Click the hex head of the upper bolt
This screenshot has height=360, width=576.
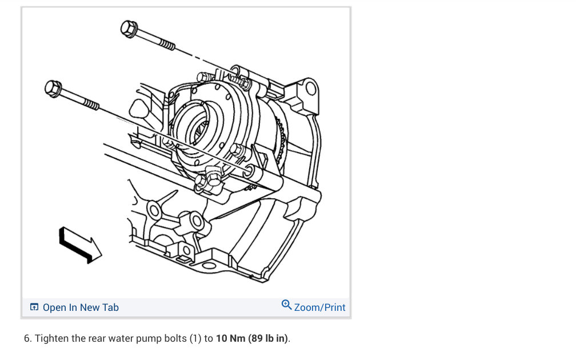tap(129, 29)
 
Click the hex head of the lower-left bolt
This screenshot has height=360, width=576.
tap(53, 89)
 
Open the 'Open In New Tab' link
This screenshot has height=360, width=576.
tap(81, 307)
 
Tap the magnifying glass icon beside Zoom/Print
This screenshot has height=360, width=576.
tap(286, 305)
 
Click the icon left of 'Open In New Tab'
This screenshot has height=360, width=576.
tap(34, 307)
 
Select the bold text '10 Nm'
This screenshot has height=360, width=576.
tap(230, 338)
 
